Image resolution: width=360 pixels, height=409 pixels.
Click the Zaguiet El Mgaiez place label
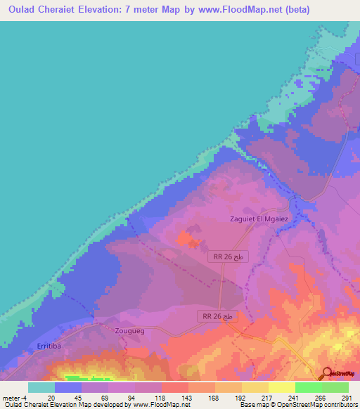point(259,219)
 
